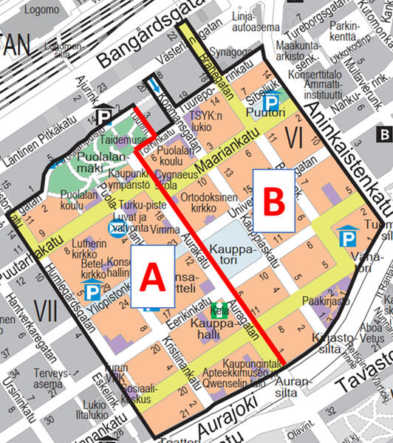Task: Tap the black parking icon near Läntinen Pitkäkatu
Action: tap(103, 116)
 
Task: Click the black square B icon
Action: tap(384, 134)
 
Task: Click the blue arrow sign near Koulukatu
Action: tap(154, 85)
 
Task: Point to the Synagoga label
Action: tap(230, 52)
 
